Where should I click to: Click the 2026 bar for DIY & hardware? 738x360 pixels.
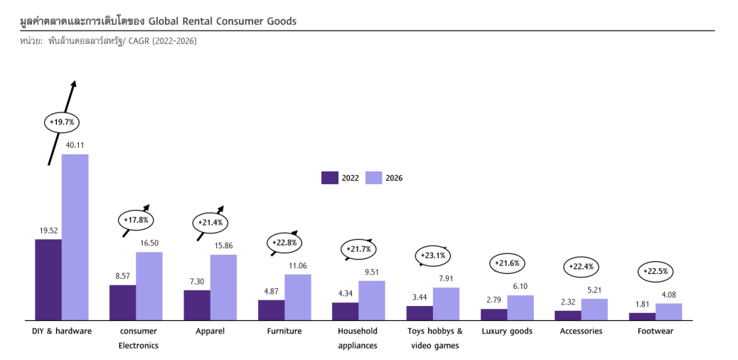(75, 237)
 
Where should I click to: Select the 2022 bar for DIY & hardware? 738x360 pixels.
(48, 280)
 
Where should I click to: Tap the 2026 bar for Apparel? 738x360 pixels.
(223, 287)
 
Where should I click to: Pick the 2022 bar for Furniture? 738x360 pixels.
(271, 310)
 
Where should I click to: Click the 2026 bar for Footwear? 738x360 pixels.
(668, 312)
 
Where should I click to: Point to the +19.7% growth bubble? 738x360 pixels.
(61, 122)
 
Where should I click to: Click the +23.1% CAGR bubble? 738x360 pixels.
(433, 255)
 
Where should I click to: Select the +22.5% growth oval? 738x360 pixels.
(656, 271)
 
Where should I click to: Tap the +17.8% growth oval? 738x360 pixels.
(136, 220)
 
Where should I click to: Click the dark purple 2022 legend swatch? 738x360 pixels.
(330, 177)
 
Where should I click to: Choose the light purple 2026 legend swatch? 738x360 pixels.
(374, 177)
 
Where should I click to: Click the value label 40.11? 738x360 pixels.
(75, 146)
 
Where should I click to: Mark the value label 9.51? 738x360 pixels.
(371, 272)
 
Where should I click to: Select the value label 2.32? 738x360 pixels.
(568, 302)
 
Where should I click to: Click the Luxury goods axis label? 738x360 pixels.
(507, 331)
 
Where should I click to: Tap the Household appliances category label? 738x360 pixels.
(358, 338)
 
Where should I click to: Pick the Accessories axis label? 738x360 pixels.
(581, 331)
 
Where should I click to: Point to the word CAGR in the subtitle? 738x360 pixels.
(139, 41)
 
